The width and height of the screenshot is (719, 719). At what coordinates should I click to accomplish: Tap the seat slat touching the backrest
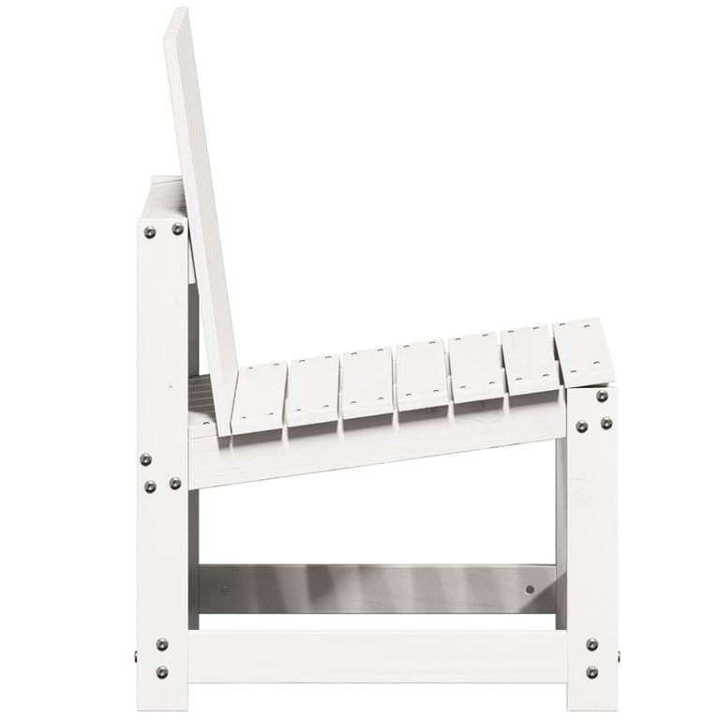pos(258,398)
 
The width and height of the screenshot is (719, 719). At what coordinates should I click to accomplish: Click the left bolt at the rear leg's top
pos(149,232)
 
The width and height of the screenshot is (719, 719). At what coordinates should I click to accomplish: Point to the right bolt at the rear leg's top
pos(177,229)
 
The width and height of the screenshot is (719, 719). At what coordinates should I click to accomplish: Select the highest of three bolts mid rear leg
pos(145,459)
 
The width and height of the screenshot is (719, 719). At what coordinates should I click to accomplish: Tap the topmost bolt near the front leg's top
pos(601,397)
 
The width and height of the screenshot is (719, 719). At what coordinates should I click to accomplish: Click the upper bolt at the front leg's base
pos(592,645)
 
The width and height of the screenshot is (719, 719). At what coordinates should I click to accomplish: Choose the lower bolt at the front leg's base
pos(592,671)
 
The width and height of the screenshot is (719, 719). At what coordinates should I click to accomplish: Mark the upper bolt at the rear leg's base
pos(162,645)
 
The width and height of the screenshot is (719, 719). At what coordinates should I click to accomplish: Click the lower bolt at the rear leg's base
pos(162,671)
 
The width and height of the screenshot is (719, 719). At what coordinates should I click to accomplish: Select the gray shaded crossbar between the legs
pos(375,589)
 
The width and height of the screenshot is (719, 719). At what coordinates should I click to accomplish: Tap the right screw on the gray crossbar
pos(530,590)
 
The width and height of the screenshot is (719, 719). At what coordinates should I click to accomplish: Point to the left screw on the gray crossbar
pos(223,591)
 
